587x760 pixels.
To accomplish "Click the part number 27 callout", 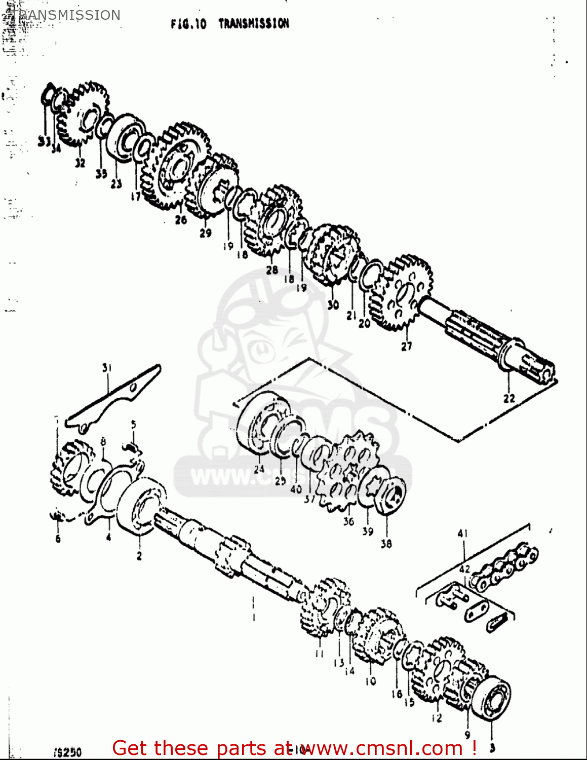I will tap(406, 347).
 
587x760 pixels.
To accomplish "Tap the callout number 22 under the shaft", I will tap(508, 398).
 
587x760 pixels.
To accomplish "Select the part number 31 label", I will tap(106, 368).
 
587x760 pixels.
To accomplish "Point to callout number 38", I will tap(386, 544).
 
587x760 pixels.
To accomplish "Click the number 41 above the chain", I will tap(462, 533).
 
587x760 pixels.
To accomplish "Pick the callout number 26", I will tap(181, 219).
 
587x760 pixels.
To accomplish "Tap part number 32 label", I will tap(80, 163).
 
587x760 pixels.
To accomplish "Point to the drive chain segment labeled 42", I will tap(504, 565).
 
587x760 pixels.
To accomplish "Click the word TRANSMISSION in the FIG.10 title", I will tap(254, 23).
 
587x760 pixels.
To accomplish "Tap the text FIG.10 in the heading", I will tap(188, 24).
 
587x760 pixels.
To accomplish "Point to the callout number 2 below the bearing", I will tap(139, 556).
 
